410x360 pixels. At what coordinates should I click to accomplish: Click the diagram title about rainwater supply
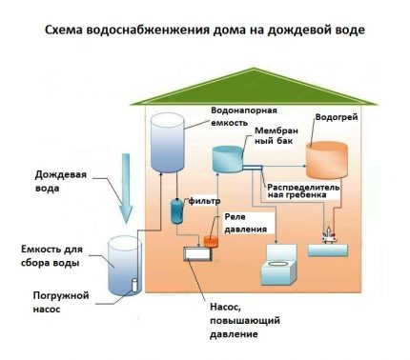(x=205, y=29)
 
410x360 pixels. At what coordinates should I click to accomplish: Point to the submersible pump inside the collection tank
(x=133, y=285)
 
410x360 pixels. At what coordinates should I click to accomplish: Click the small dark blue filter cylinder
(x=177, y=210)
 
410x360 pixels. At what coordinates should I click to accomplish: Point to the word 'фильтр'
(x=205, y=202)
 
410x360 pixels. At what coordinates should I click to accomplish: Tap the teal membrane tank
(x=230, y=161)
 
